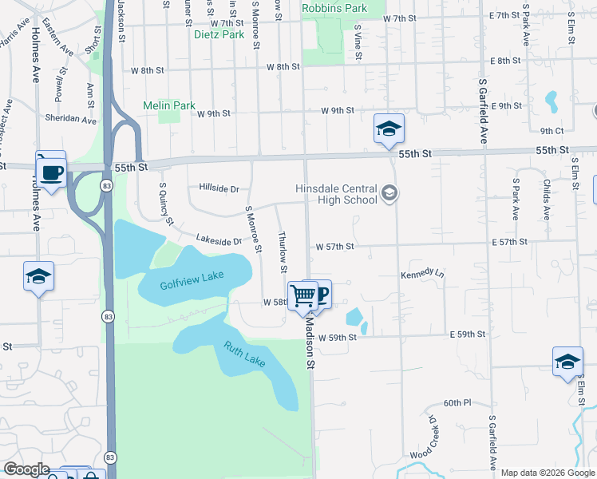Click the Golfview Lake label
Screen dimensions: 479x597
[x=192, y=279]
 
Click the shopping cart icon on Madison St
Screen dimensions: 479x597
[x=303, y=295]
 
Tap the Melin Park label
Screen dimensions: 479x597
[x=169, y=105]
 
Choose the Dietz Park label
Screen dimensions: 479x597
[x=219, y=34]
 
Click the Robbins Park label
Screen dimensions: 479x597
[x=334, y=8]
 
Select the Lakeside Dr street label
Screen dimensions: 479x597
[x=219, y=239]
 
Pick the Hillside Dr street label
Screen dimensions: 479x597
[x=219, y=189]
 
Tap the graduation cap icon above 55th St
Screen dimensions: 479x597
[x=389, y=128]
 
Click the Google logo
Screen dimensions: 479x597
[x=27, y=469]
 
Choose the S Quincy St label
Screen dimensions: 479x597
[x=165, y=204]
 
